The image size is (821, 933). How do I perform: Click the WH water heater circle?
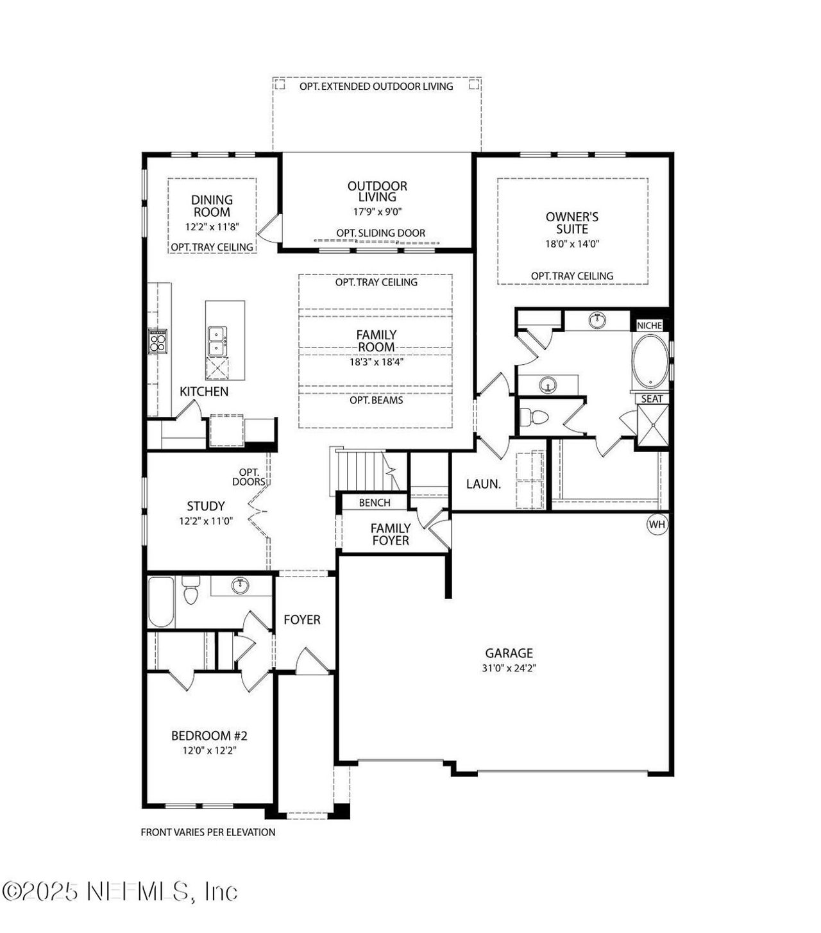pyautogui.click(x=657, y=525)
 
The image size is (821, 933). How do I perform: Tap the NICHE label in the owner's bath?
pyautogui.click(x=649, y=326)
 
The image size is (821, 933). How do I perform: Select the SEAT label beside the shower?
pyautogui.click(x=652, y=399)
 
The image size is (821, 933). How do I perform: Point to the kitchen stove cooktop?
pyautogui.click(x=157, y=340)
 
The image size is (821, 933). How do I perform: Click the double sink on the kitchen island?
pyautogui.click(x=217, y=340)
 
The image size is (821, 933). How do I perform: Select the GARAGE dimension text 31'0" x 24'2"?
pyautogui.click(x=509, y=668)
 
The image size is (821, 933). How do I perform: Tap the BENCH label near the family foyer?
pyautogui.click(x=375, y=503)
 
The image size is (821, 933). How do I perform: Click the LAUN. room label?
pyautogui.click(x=484, y=484)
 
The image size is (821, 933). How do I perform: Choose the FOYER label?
pyautogui.click(x=302, y=619)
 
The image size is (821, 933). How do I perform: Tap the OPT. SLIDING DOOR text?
pyautogui.click(x=380, y=233)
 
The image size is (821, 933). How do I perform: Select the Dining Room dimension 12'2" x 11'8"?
pyautogui.click(x=212, y=227)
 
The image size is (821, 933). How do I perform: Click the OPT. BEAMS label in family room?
pyautogui.click(x=377, y=400)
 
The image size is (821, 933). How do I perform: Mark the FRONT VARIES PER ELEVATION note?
pyautogui.click(x=208, y=832)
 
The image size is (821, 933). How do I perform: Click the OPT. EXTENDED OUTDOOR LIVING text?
pyautogui.click(x=377, y=86)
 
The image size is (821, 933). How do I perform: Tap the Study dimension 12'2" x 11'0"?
pyautogui.click(x=206, y=521)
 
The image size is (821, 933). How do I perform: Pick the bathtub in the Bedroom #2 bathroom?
pyautogui.click(x=161, y=602)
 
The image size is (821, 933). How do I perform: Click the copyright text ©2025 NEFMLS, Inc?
pyautogui.click(x=120, y=891)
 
